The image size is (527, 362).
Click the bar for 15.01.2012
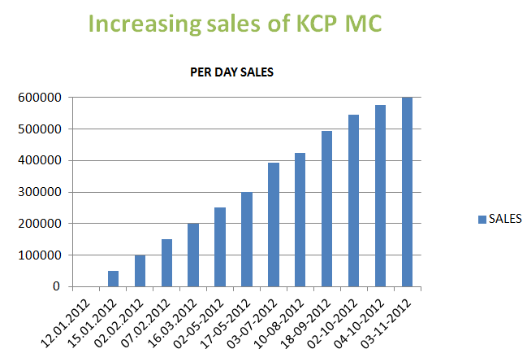click(113, 278)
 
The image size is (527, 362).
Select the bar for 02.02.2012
click(140, 271)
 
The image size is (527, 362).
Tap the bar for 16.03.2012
click(193, 255)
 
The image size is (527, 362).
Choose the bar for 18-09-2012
click(326, 208)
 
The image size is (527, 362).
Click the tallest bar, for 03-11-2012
click(407, 192)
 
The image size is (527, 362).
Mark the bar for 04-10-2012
click(380, 195)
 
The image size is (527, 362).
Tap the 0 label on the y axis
click(57, 286)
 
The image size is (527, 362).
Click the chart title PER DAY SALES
click(231, 72)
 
